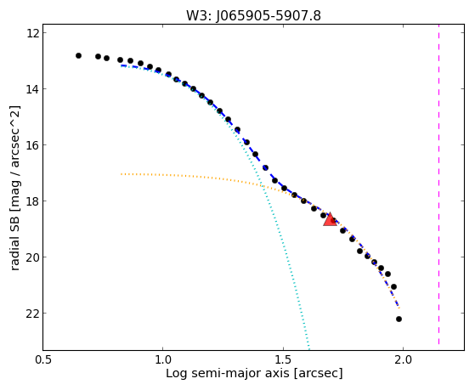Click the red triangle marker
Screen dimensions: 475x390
pos(330,220)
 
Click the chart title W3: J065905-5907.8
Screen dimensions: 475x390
pos(253,16)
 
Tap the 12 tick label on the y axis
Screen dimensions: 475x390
pos(32,33)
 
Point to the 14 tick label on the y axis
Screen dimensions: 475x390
pos(32,88)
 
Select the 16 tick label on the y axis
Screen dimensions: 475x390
pos(32,144)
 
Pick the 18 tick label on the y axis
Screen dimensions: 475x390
pos(32,201)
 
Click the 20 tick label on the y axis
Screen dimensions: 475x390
pos(32,257)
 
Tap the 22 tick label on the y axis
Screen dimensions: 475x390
pos(32,313)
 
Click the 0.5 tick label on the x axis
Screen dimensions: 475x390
pos(43,359)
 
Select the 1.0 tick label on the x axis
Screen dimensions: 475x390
pos(162,359)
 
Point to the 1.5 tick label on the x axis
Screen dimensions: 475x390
pos(283,359)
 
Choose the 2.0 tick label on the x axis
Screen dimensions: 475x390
pos(403,359)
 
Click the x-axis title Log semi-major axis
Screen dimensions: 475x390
pos(228,374)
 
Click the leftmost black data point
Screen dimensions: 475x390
pos(78,55)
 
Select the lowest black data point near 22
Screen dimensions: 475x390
pos(399,319)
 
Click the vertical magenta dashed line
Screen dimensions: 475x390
pos(439,189)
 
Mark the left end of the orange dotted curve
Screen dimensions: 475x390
pos(122,174)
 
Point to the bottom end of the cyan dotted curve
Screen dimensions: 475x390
pos(309,348)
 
